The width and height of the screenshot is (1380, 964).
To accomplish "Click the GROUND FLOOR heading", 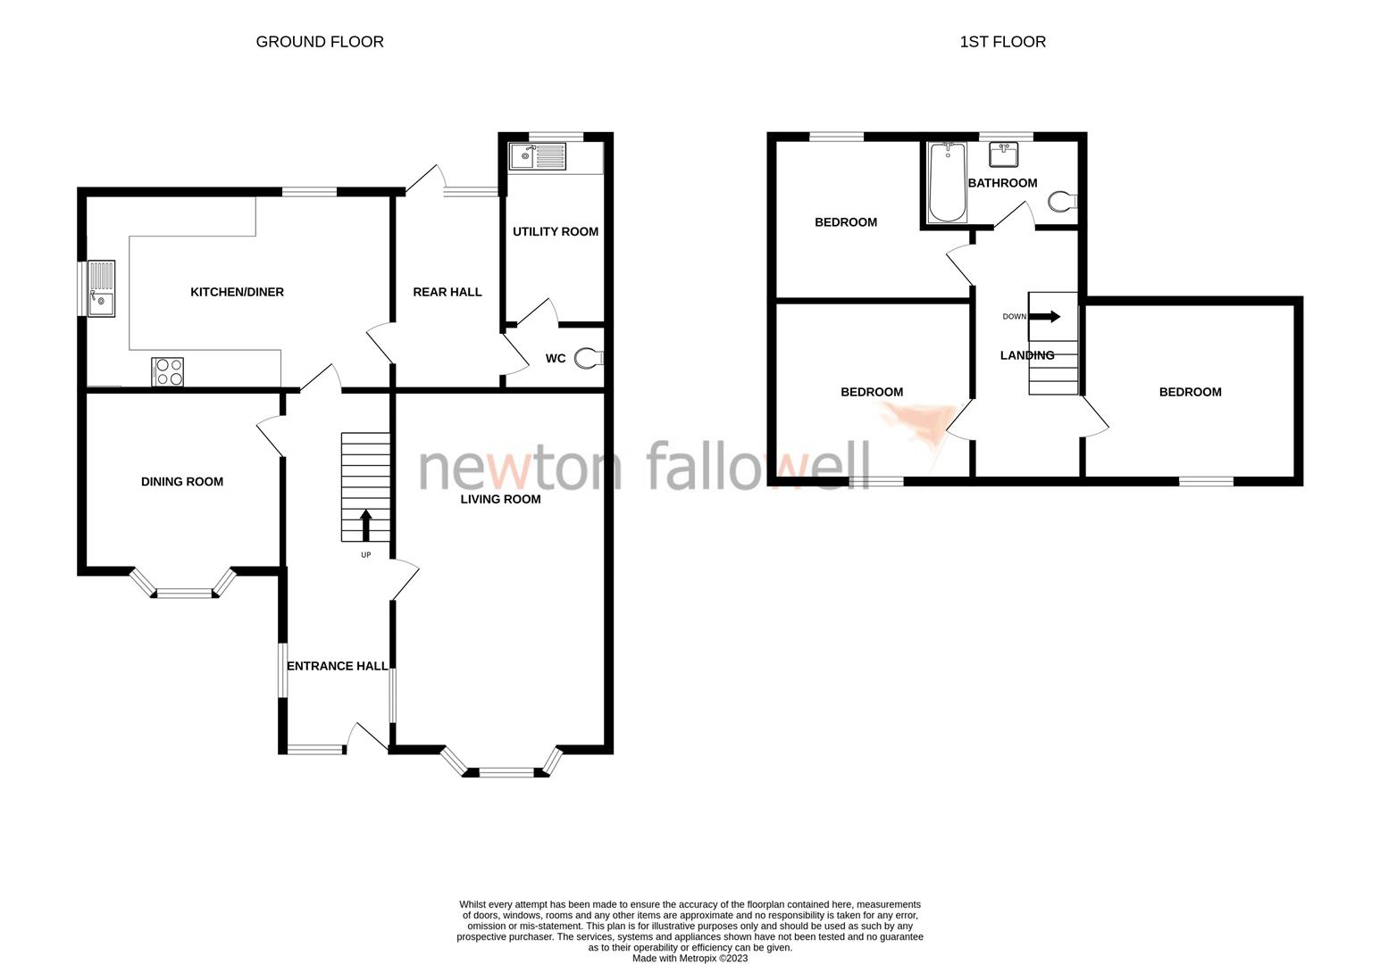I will tap(320, 42).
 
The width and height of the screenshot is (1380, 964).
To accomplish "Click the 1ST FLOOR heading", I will tap(1002, 42).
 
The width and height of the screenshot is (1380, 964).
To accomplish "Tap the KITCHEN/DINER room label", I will tap(237, 292).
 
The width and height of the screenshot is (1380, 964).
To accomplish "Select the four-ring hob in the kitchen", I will tap(169, 371).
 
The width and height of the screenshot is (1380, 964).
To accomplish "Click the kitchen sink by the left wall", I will tap(101, 288).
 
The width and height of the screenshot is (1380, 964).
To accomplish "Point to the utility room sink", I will tap(537, 157).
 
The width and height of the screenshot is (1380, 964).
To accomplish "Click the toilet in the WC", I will tap(589, 358).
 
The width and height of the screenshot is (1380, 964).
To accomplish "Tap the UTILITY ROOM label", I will tap(555, 232).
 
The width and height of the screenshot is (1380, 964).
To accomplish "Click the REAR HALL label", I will tap(447, 292).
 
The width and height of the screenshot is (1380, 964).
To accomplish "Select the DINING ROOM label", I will tap(182, 482).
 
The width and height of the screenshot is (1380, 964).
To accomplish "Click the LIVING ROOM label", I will tap(500, 499).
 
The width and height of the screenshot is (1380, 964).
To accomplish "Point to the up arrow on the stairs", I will tap(365, 525).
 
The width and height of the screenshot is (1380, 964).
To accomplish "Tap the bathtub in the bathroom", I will tap(947, 182).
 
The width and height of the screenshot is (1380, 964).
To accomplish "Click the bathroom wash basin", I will tap(1006, 154).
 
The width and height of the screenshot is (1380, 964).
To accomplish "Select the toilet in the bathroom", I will tap(1062, 202).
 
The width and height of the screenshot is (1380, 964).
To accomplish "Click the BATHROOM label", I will tap(1002, 183).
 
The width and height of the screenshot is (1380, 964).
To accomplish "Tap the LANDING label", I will tap(1026, 355).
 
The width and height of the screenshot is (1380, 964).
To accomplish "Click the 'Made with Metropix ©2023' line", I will tap(690, 959).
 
